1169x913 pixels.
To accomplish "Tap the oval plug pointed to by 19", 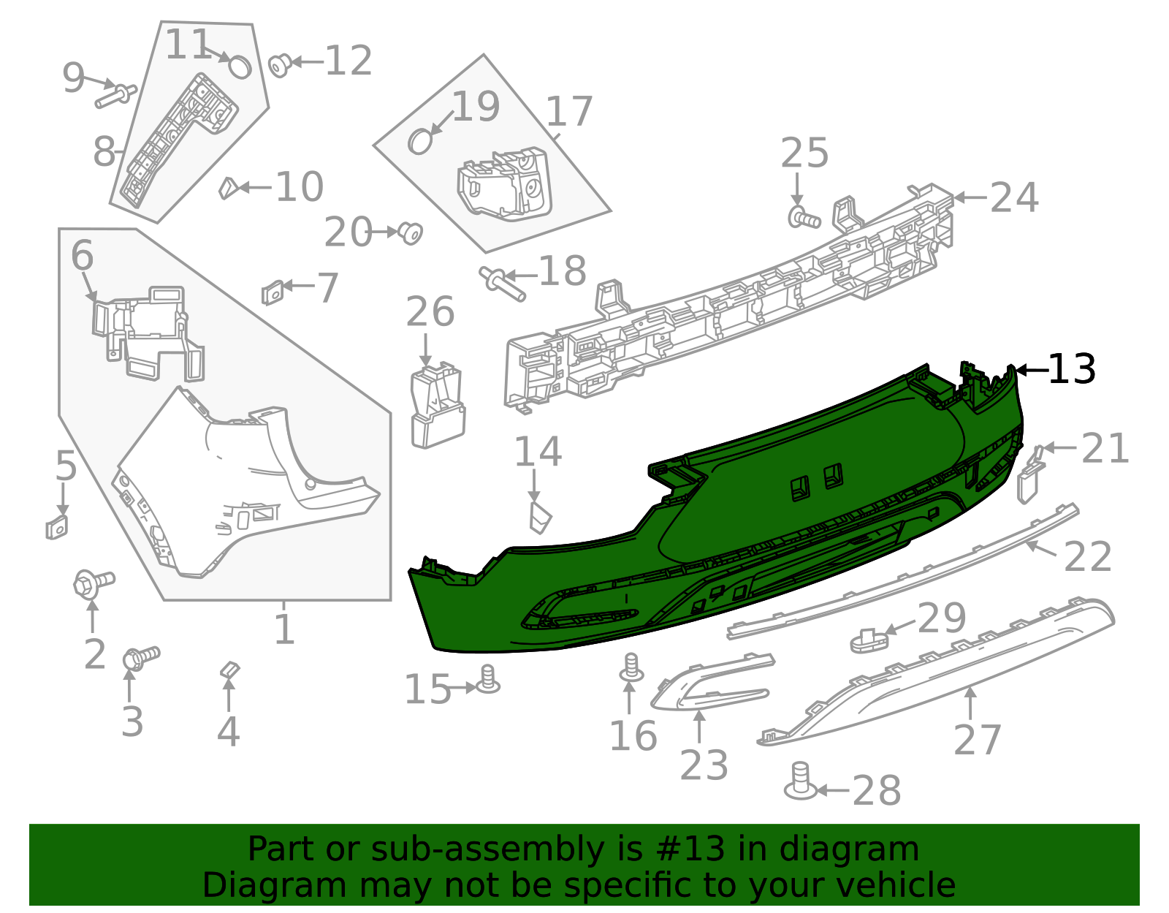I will click(x=419, y=141).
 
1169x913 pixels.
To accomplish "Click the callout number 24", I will click(x=1014, y=197).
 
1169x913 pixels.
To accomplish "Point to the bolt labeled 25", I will click(x=803, y=217).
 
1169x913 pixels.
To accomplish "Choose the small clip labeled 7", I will click(x=272, y=292).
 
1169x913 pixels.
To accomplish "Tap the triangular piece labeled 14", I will click(x=540, y=517).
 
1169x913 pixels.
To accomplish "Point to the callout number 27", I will click(x=977, y=740).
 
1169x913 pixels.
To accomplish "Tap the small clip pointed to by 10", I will click(x=227, y=188).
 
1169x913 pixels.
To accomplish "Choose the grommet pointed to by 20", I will click(x=411, y=233).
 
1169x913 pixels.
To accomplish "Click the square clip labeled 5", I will click(x=56, y=527).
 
